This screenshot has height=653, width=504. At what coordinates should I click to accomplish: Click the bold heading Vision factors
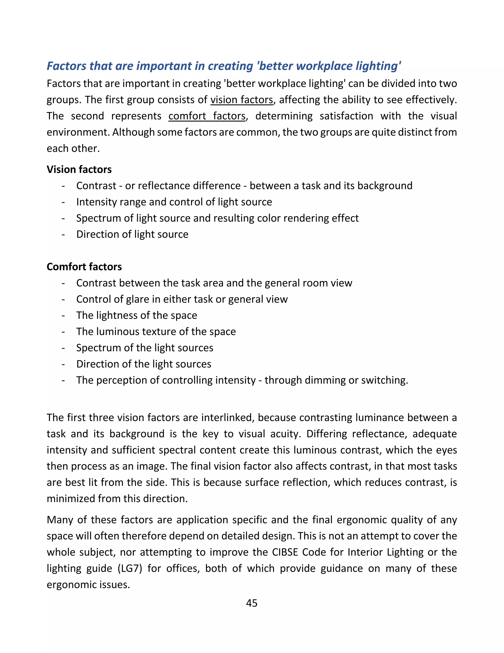pyautogui.click(x=79, y=170)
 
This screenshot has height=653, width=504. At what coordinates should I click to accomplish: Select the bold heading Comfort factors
pyautogui.click(x=84, y=267)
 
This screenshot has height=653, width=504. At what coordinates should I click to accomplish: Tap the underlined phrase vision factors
pyautogui.click(x=242, y=100)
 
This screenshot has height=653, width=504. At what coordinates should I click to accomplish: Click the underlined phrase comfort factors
pyautogui.click(x=207, y=116)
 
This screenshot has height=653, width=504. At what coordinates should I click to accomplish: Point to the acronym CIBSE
pyautogui.click(x=285, y=552)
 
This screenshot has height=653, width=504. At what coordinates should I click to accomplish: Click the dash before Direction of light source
pyautogui.click(x=63, y=235)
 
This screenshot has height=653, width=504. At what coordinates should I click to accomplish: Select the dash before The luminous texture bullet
pyautogui.click(x=63, y=332)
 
